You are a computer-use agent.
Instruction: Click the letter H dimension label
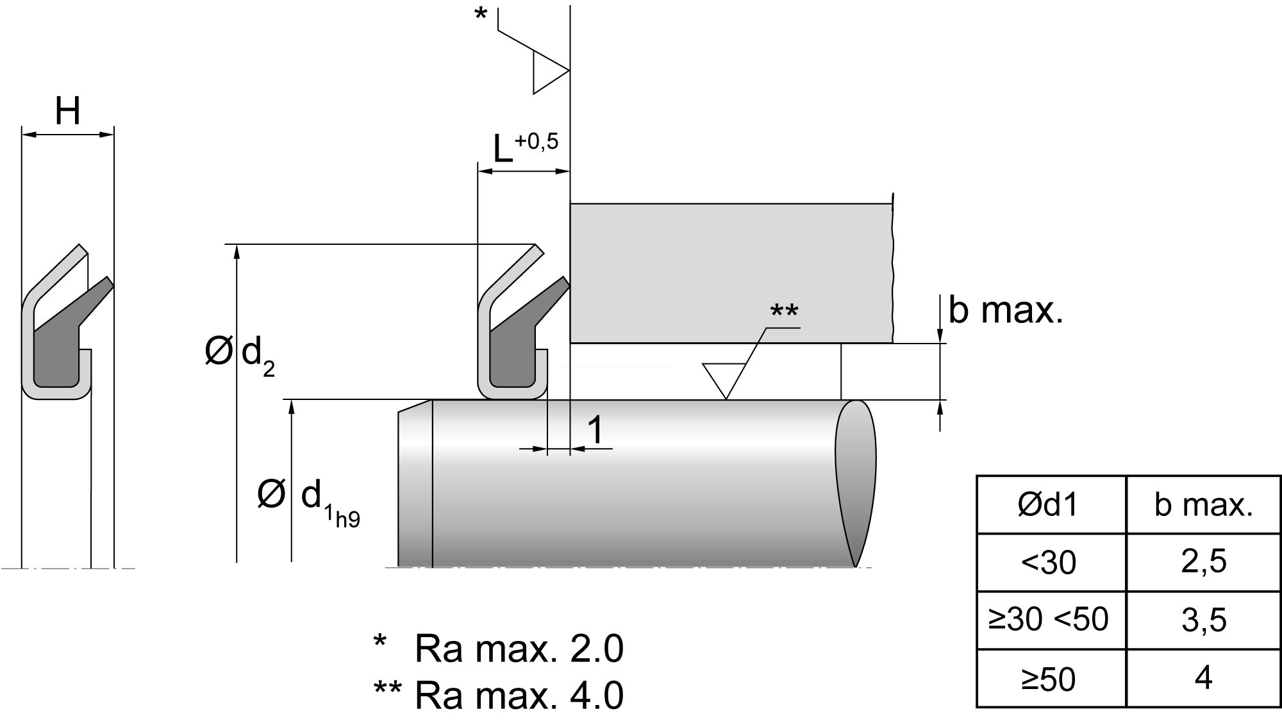tap(68, 112)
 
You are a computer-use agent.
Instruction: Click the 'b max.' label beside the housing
tap(1005, 310)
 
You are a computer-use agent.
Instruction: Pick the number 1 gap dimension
tap(595, 429)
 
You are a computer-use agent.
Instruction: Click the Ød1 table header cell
tap(1050, 505)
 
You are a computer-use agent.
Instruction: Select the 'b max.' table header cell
tap(1203, 505)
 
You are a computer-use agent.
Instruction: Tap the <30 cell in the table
tap(1050, 563)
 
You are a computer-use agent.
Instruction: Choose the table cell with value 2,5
tap(1203, 561)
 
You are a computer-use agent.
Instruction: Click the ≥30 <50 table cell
tap(1050, 619)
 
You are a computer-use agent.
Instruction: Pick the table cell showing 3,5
tap(1203, 620)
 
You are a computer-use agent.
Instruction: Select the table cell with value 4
tap(1203, 678)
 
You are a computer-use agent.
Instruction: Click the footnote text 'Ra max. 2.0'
tap(519, 649)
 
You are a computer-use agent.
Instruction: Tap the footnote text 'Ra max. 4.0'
tap(519, 695)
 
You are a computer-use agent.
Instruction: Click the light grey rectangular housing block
tap(731, 272)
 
